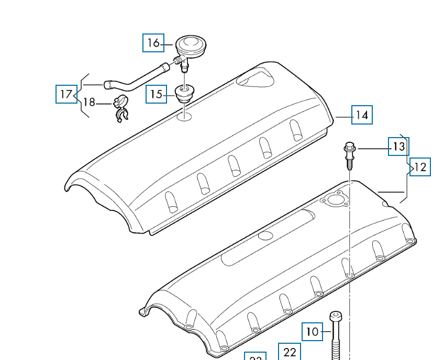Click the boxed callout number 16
pos(153,42)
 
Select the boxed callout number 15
pos(156,95)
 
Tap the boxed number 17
pos(66,94)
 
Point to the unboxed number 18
pos(90,102)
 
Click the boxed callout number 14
pos(362,115)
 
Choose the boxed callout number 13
pos(398,147)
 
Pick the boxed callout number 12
pos(420,167)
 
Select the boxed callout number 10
pos(312,332)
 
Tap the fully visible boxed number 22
pos(290,352)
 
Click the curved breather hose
pos(136,78)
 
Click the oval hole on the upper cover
pos(184,116)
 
